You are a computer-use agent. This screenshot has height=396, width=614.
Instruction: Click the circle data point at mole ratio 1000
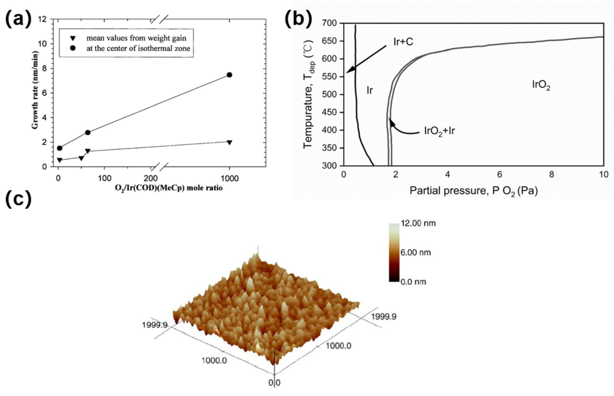pos(229,75)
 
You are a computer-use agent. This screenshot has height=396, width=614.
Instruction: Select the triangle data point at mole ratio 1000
pos(229,142)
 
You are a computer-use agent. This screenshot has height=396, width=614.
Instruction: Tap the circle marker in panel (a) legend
pos(73,48)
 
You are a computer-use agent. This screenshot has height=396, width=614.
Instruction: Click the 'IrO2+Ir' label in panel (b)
pos(439,131)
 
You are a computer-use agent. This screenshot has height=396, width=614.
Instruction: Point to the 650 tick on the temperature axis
pos(329,41)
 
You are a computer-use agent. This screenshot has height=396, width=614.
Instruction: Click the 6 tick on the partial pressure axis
pos(499,175)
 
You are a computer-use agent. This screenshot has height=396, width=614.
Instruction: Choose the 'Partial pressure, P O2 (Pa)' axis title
pos(474,191)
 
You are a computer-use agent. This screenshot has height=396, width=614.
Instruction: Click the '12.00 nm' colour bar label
pos(418,223)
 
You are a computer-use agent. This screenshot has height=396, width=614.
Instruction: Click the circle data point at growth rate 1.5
pos(59,148)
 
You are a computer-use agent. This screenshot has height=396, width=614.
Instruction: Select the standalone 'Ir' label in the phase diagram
pos(369,90)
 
